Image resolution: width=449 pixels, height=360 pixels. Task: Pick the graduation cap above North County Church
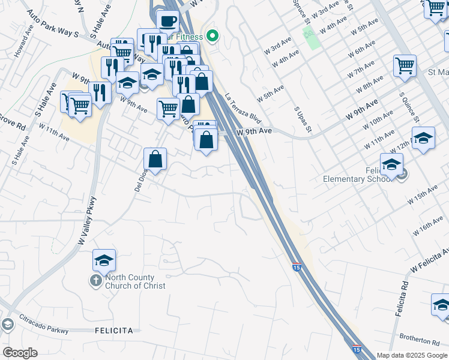click(x=104, y=261)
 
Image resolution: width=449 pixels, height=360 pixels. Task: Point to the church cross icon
click(x=96, y=280)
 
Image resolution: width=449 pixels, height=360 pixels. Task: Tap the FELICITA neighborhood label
click(x=114, y=331)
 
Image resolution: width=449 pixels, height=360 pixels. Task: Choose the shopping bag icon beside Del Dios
click(x=155, y=160)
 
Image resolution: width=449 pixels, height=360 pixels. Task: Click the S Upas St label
click(x=303, y=120)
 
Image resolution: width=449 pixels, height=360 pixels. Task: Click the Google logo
click(x=20, y=352)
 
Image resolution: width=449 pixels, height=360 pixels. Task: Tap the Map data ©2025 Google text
click(x=411, y=355)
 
